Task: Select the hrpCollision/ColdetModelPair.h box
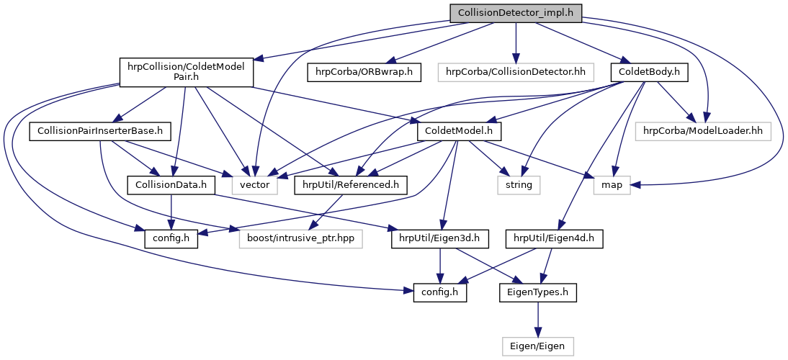[x=185, y=72]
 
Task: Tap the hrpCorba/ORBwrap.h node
[x=364, y=72]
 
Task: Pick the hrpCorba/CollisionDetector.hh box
[x=516, y=72]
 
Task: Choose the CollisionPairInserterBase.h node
[x=99, y=132]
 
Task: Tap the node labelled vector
[x=254, y=185]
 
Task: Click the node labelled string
[x=518, y=185]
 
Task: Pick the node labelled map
[x=612, y=185]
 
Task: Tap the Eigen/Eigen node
[x=538, y=346]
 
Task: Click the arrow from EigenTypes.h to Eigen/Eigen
[x=538, y=320]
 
